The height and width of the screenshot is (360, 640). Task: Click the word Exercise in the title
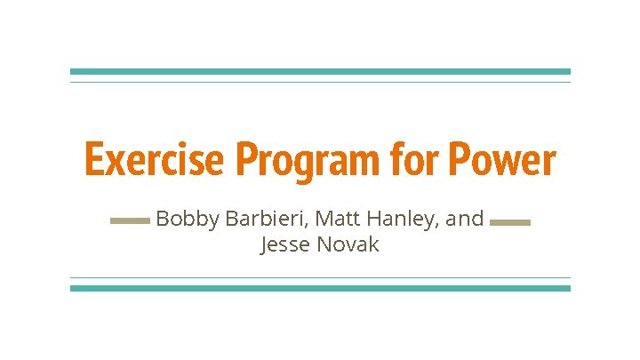(x=152, y=161)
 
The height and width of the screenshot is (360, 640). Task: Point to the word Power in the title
(x=501, y=161)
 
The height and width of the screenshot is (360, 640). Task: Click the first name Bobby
(x=187, y=219)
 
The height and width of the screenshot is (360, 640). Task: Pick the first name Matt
(x=333, y=219)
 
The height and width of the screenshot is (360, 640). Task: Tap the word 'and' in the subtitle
(x=465, y=219)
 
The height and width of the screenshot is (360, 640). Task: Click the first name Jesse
(x=284, y=244)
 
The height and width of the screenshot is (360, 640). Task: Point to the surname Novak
(x=348, y=244)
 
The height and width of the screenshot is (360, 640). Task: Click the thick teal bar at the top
(x=320, y=71)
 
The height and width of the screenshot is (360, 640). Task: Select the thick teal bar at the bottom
(x=320, y=288)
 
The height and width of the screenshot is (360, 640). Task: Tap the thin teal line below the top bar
(x=320, y=82)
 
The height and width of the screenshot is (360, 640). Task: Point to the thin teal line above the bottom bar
(x=320, y=277)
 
